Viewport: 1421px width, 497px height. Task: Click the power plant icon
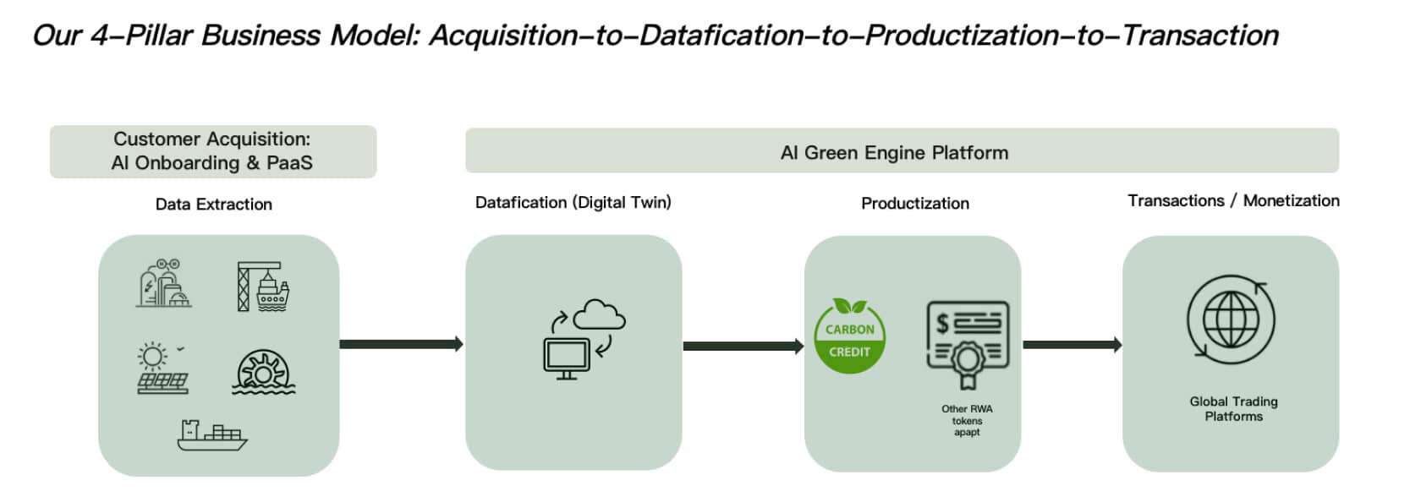[163, 284]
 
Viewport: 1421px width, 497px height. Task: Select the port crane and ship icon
[262, 287]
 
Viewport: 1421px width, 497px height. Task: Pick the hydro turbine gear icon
[263, 371]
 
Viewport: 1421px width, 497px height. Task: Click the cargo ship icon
[212, 434]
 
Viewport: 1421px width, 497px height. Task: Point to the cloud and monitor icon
[584, 338]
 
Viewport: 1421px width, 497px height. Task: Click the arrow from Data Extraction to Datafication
[401, 344]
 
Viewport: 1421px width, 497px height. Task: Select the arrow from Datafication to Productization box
[743, 346]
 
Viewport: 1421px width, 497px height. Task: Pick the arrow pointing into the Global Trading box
[1072, 345]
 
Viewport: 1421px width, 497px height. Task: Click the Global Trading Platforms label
[1233, 409]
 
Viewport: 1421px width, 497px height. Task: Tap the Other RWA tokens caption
[967, 420]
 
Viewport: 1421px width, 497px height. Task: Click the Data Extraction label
[214, 205]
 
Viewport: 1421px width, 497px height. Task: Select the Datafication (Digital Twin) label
[573, 203]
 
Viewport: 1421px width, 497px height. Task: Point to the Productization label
[914, 204]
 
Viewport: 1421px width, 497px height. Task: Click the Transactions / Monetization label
[1232, 201]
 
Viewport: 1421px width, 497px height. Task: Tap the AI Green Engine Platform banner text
[894, 153]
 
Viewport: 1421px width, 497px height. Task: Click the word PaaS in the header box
[289, 163]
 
